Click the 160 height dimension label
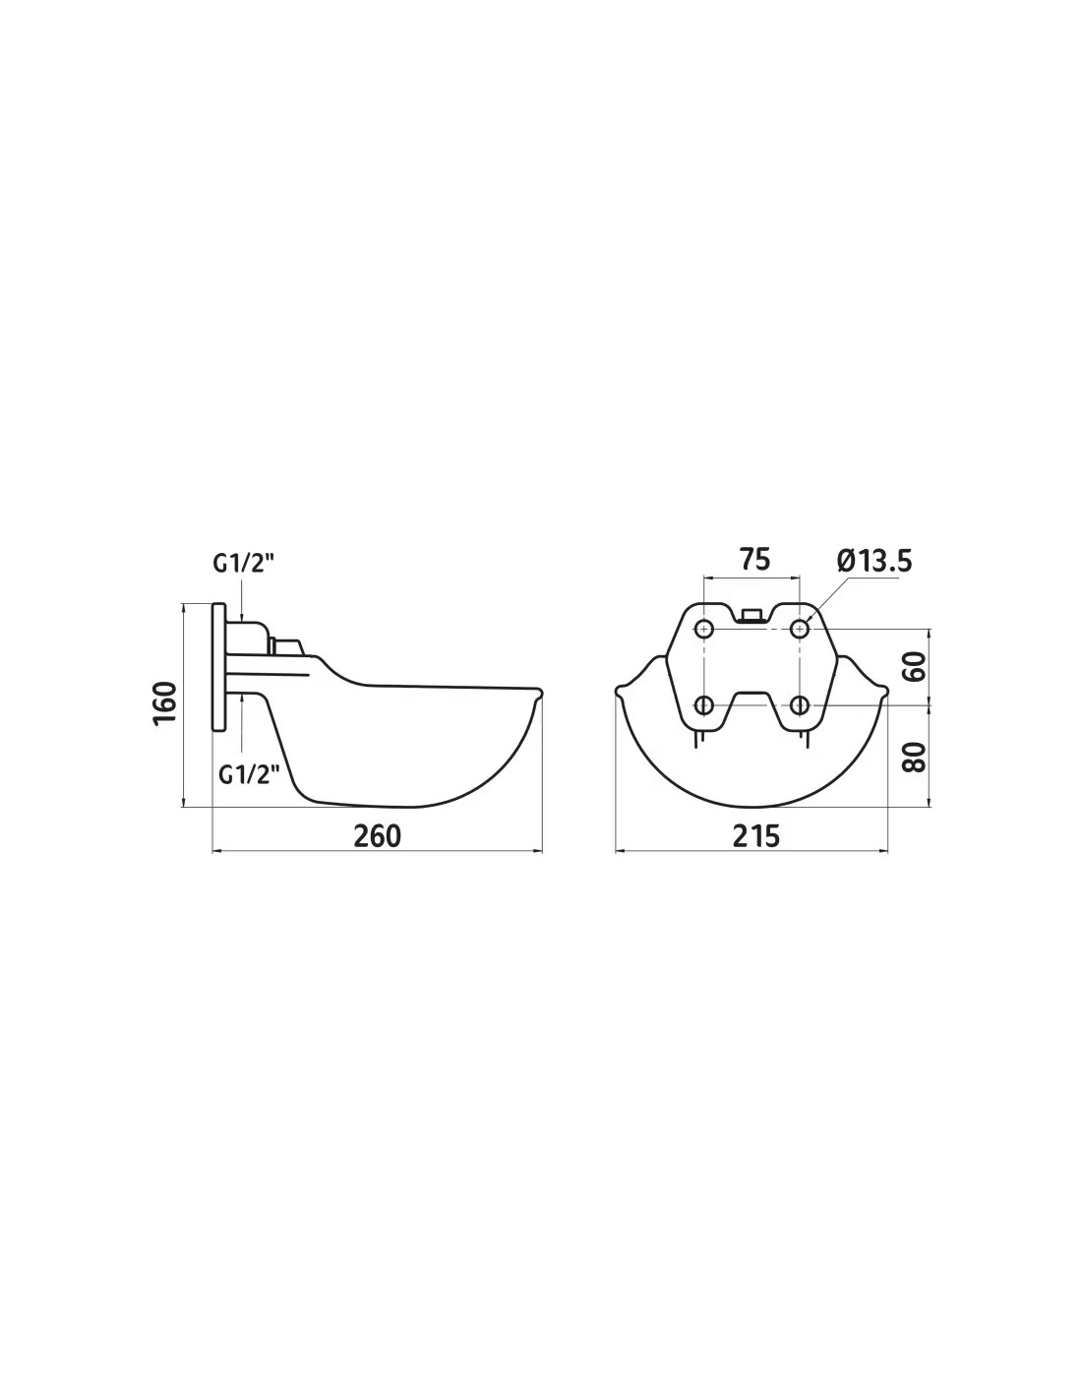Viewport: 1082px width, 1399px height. coord(165,703)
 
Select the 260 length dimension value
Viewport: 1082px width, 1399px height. coord(377,835)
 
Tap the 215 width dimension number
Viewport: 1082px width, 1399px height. coord(755,835)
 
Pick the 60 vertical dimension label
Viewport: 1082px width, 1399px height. coord(914,666)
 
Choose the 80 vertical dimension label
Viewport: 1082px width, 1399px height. coord(914,757)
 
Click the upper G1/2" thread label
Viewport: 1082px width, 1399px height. coord(244,564)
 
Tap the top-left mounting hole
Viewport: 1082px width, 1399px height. coord(705,628)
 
